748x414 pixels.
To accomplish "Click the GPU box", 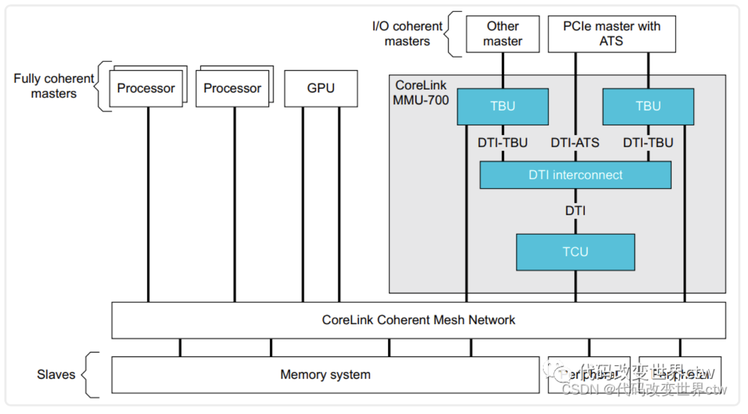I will coord(321,88).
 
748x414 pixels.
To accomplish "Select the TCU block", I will coord(575,252).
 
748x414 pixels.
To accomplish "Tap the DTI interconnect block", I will coord(575,175).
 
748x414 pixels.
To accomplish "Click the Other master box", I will coord(503,34).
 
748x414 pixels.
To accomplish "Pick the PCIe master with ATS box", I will coord(612,34).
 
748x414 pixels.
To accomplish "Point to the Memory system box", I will coord(325,374).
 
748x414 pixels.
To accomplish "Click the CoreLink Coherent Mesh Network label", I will coord(418,319).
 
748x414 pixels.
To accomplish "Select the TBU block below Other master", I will coord(502,106).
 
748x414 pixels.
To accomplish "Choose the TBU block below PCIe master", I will coord(648,106).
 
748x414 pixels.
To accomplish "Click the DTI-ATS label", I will coord(575,143).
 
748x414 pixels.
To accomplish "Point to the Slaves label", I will coord(56,374).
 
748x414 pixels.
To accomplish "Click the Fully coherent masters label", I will coord(53,86).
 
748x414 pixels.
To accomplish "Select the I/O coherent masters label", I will coord(407,34).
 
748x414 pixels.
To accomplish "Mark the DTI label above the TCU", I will coord(575,210).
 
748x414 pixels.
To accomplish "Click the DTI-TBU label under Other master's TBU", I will coord(502,143).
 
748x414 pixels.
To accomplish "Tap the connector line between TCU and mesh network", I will coord(575,286).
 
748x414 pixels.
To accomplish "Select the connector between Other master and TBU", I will coord(502,71).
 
